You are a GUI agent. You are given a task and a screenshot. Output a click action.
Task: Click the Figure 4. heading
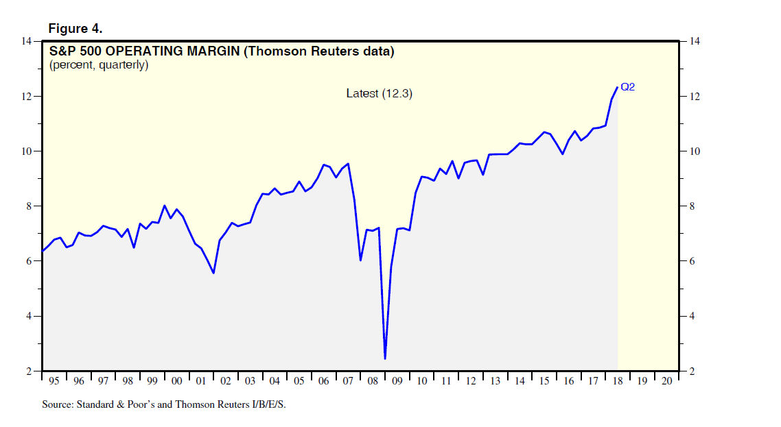coord(75,28)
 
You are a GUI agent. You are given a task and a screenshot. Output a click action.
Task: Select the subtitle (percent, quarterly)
coord(99,65)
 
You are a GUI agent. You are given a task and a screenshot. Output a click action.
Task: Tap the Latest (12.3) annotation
coord(379,93)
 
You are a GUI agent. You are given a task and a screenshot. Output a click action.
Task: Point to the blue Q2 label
coord(628,87)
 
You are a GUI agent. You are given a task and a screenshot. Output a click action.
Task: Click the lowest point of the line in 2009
coord(385,358)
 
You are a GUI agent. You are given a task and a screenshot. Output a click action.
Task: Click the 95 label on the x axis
coord(54,381)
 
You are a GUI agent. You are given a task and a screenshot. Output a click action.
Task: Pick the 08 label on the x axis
coord(373,381)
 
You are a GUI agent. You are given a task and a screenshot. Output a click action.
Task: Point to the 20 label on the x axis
coord(666,381)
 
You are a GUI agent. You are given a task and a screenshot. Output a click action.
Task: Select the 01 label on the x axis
coord(201,381)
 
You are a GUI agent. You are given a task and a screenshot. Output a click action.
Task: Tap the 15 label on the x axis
coord(544,381)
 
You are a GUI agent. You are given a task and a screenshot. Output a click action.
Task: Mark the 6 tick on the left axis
coord(30,261)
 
